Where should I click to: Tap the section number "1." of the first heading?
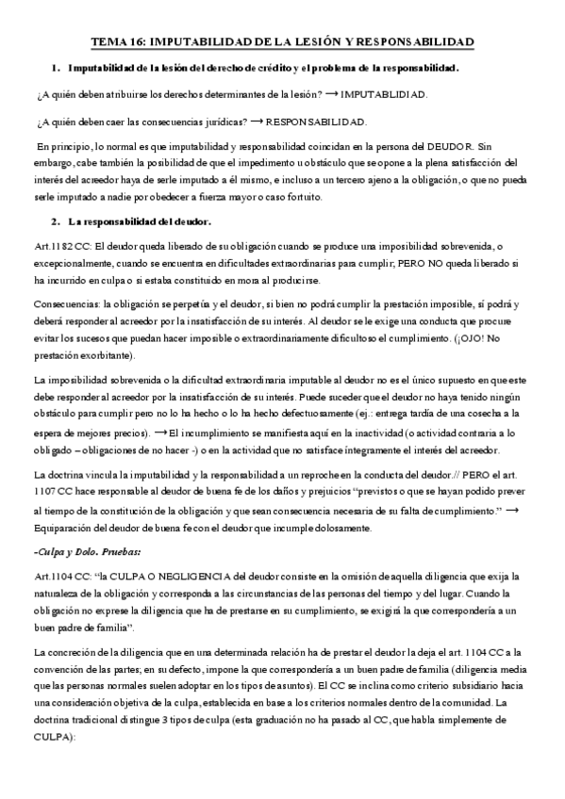pyautogui.click(x=58, y=69)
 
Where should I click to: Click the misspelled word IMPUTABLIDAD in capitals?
pyautogui.click(x=384, y=95)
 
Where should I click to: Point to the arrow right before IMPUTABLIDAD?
pyautogui.click(x=330, y=95)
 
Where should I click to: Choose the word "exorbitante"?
pyautogui.click(x=108, y=354)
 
